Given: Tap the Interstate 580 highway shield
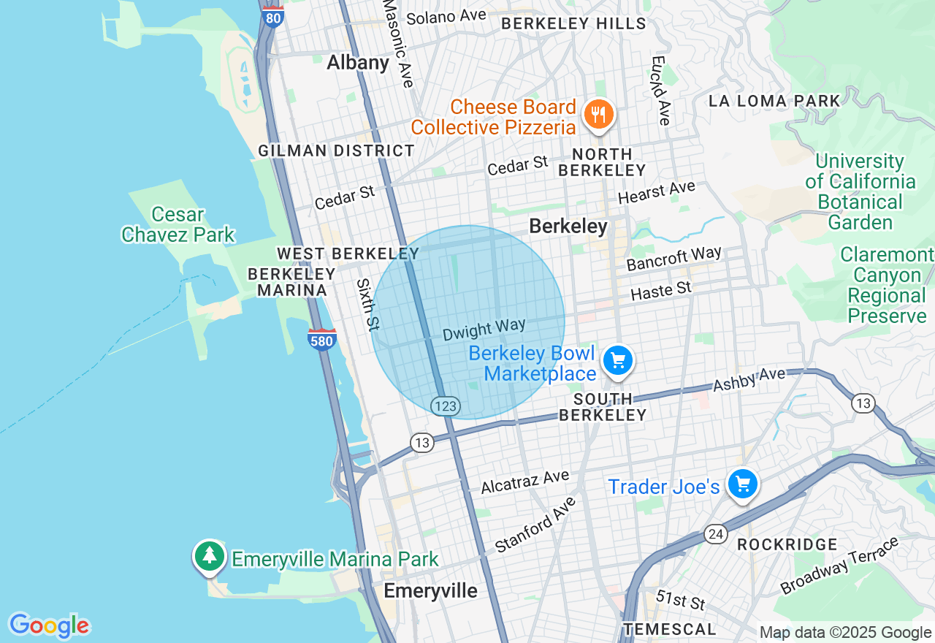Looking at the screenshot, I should [x=322, y=339].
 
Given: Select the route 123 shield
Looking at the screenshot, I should [x=445, y=406].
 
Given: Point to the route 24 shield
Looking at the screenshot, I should [x=715, y=534].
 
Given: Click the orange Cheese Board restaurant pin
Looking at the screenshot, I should [x=598, y=115].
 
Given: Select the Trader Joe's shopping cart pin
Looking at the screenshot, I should [x=743, y=484].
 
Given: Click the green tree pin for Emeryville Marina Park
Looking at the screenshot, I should [x=210, y=557].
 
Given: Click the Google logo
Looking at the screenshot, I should [x=49, y=625].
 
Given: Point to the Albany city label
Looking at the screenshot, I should [x=358, y=63].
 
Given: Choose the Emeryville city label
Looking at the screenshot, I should [x=430, y=591].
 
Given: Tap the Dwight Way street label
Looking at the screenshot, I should [x=484, y=330].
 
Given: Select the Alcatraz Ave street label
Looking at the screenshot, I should [x=524, y=482].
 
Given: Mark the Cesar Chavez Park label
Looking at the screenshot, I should [x=178, y=224].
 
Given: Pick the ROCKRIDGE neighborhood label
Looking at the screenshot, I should [x=787, y=544].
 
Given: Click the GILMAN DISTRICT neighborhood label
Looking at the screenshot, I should [x=336, y=151].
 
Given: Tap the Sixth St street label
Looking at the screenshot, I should [x=368, y=303].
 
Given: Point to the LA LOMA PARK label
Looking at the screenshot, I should [x=774, y=102].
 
